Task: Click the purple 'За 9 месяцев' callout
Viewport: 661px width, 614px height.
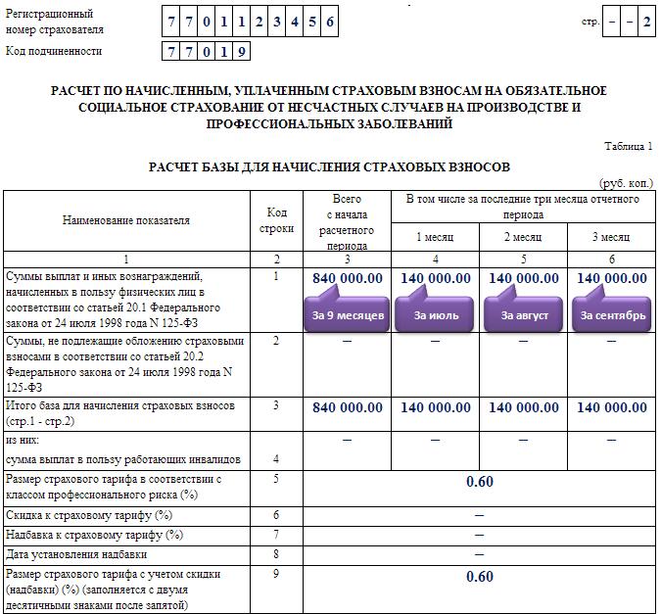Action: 349,315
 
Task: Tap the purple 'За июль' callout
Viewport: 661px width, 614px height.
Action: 436,315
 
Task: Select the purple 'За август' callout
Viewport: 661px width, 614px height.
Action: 524,315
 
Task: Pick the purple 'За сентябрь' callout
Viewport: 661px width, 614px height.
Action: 613,315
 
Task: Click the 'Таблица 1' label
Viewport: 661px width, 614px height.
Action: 628,146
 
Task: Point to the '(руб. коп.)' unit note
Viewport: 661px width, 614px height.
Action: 626,183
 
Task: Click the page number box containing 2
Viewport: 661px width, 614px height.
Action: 646,22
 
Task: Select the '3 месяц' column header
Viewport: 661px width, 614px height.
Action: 612,237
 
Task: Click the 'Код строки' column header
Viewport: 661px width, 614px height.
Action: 277,220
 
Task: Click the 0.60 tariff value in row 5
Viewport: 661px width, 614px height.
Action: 480,482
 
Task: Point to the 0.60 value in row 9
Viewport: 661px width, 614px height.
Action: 480,577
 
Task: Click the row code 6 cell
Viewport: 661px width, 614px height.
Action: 277,515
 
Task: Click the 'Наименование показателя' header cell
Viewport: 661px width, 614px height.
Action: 126,220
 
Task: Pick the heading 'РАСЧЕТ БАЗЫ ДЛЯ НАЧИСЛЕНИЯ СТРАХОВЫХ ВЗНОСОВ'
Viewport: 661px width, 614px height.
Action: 329,167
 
